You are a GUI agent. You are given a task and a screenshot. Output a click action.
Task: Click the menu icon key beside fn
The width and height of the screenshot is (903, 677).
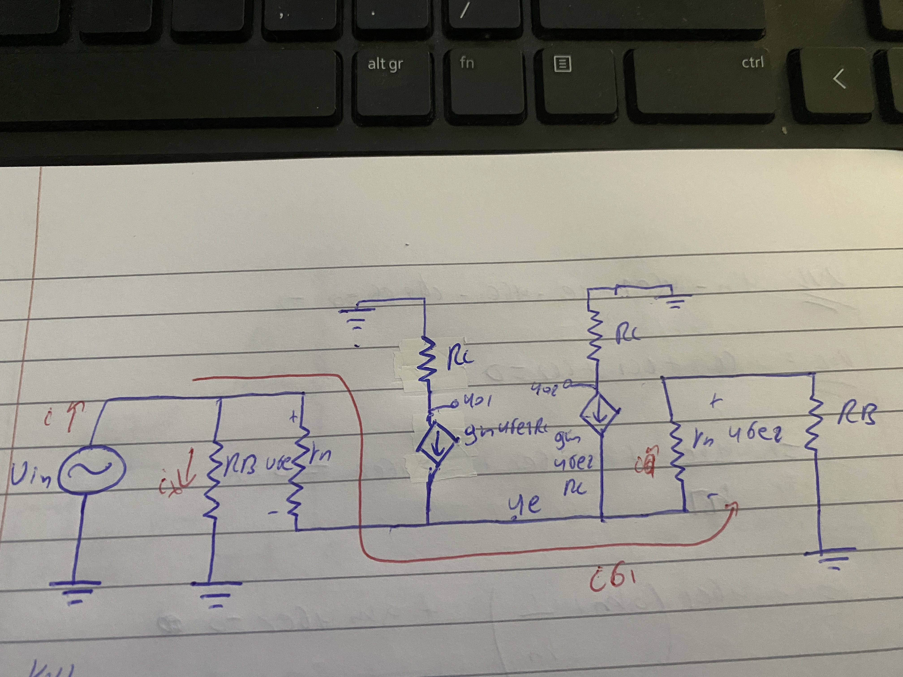click(x=562, y=64)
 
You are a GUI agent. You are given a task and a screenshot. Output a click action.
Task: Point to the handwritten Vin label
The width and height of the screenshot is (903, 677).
click(x=31, y=476)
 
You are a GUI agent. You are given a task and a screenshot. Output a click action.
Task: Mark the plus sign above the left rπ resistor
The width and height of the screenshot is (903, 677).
click(x=293, y=417)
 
